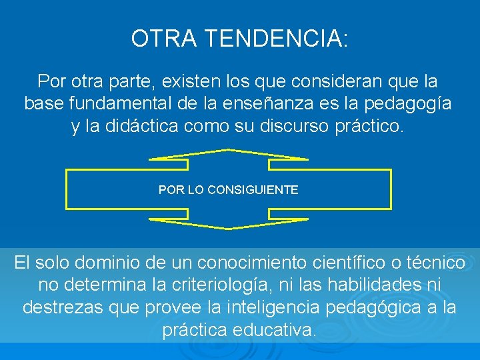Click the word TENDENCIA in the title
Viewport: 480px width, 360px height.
pos(276,39)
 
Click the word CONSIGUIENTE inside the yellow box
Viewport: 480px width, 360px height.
pos(253,190)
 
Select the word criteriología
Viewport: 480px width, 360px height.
pos(224,285)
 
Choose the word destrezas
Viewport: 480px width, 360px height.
pos(69,307)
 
